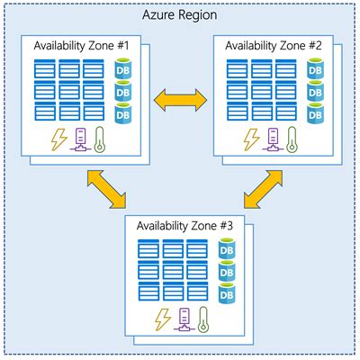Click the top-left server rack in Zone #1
[x=44, y=69]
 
